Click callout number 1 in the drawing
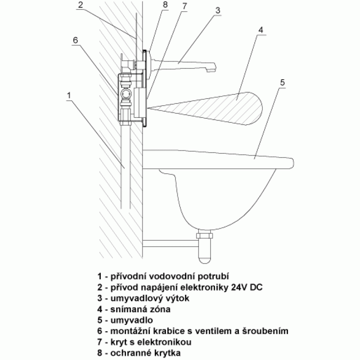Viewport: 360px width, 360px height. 69,95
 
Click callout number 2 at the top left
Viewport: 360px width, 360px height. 80,5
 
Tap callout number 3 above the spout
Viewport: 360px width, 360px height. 218,10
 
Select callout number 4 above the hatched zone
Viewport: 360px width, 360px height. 261,30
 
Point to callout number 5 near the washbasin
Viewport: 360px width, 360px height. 282,82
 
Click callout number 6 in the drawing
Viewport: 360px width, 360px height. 75,40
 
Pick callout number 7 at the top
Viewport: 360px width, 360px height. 185,6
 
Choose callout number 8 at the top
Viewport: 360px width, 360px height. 165,4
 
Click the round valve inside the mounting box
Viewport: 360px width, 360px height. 126,94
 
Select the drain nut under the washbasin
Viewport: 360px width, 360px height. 204,235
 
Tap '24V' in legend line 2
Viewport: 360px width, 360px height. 239,287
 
